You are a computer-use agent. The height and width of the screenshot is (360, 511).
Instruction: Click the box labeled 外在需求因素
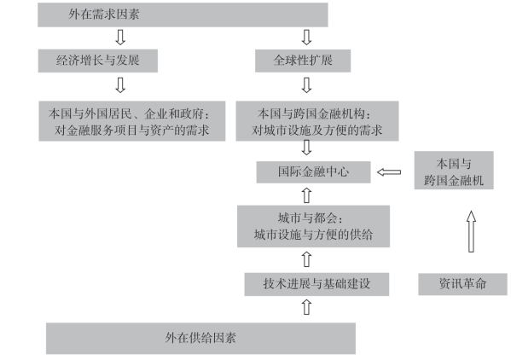pyautogui.click(x=183, y=15)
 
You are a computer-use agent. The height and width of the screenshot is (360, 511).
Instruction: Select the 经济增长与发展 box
pyautogui.click(x=98, y=61)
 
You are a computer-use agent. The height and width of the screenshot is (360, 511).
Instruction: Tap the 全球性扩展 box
pyautogui.click(x=303, y=61)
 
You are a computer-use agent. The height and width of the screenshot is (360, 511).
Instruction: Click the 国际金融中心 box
pyautogui.click(x=313, y=172)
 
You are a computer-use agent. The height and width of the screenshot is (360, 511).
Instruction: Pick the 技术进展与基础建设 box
pyautogui.click(x=316, y=284)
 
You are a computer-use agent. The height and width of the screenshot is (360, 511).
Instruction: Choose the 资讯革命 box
pyautogui.click(x=462, y=284)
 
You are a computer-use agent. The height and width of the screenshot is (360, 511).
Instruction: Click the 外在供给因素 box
pyautogui.click(x=200, y=338)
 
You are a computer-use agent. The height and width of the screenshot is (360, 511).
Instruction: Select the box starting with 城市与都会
pyautogui.click(x=313, y=226)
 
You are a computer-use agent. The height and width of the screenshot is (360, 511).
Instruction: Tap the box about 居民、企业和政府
pyautogui.click(x=132, y=121)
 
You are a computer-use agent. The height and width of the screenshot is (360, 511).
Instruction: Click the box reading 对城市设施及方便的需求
pyautogui.click(x=317, y=121)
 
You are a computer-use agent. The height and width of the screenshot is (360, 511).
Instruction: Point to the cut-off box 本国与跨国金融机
pyautogui.click(x=454, y=170)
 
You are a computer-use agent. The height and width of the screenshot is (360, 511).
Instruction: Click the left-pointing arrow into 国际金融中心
pyautogui.click(x=389, y=172)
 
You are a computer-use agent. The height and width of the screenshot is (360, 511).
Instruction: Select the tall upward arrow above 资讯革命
pyautogui.click(x=471, y=231)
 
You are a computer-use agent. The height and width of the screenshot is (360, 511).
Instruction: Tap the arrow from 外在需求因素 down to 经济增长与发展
pyautogui.click(x=120, y=38)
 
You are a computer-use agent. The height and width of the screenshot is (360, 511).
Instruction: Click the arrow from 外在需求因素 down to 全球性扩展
pyautogui.click(x=306, y=38)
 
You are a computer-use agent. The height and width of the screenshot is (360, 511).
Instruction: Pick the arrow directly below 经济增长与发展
pyautogui.click(x=120, y=85)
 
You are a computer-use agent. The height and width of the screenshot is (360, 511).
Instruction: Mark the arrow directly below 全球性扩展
pyautogui.click(x=306, y=85)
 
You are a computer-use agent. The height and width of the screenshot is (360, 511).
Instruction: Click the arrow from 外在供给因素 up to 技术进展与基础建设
pyautogui.click(x=306, y=307)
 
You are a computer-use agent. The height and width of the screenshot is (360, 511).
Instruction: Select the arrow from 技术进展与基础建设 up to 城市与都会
pyautogui.click(x=306, y=259)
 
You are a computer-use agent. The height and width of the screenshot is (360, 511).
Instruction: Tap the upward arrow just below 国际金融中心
pyautogui.click(x=306, y=195)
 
